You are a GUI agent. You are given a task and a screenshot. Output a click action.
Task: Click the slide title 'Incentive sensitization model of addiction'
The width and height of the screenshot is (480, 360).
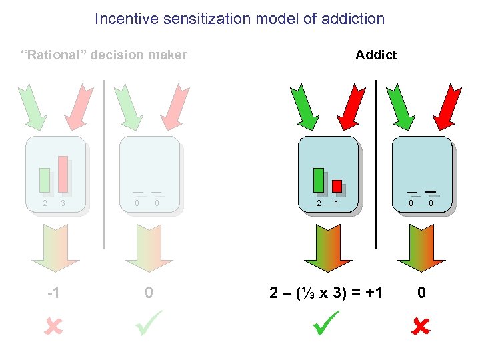pyautogui.click(x=239, y=19)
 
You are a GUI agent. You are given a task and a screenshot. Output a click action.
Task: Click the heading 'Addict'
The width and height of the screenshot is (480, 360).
pyautogui.click(x=376, y=55)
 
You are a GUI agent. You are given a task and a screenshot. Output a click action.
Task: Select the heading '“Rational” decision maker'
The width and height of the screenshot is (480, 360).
pyautogui.click(x=105, y=55)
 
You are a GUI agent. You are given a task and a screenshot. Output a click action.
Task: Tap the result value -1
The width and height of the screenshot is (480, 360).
pyautogui.click(x=54, y=292)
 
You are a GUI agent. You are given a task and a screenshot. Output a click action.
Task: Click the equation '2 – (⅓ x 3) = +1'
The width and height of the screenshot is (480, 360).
pyautogui.click(x=326, y=292)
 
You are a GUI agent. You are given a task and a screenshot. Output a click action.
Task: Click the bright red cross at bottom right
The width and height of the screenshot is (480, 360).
pyautogui.click(x=421, y=326)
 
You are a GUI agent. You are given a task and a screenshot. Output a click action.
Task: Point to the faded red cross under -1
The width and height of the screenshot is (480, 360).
pyautogui.click(x=54, y=326)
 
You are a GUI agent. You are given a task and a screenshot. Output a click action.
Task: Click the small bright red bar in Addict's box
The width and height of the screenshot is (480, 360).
pyautogui.click(x=337, y=186)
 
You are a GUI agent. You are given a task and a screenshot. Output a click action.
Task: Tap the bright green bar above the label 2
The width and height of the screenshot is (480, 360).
pyautogui.click(x=319, y=180)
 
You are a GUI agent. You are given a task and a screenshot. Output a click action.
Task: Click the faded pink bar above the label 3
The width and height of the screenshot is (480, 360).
pyautogui.click(x=63, y=174)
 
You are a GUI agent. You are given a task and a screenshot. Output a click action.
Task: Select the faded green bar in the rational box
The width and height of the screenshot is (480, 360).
pyautogui.click(x=45, y=180)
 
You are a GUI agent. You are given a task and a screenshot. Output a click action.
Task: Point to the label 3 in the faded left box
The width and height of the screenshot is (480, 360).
pyautogui.click(x=63, y=203)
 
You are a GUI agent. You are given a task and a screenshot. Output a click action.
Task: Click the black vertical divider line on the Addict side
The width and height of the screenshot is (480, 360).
pyautogui.click(x=377, y=163)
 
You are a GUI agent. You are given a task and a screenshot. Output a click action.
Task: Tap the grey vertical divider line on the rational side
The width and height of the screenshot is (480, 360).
pyautogui.click(x=104, y=163)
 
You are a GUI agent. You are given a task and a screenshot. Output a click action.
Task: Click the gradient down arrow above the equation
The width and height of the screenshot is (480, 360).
pyautogui.click(x=328, y=248)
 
